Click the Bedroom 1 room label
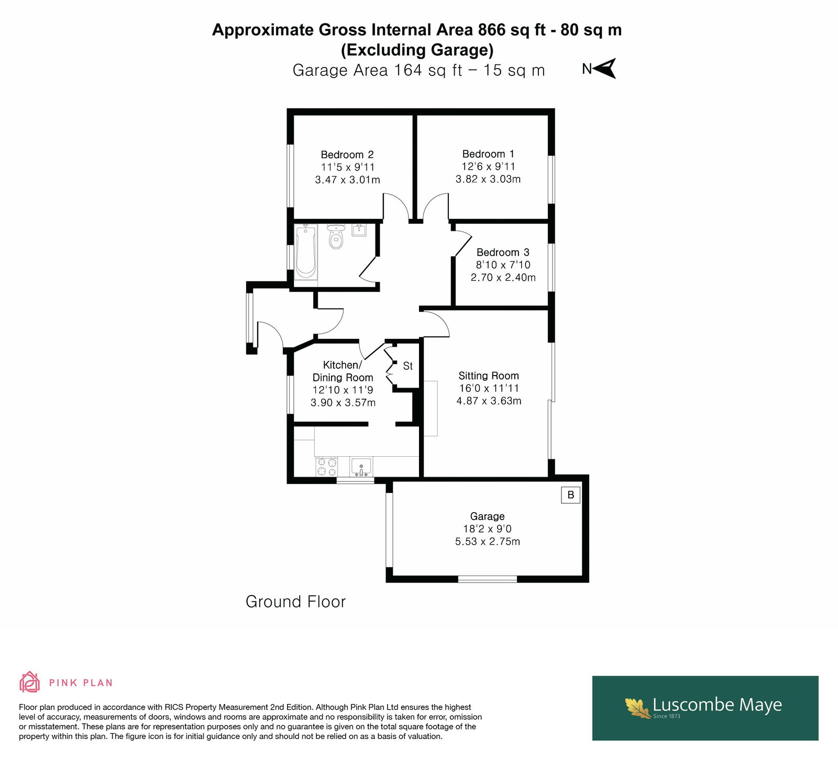coord(488,154)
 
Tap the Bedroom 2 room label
coord(347,155)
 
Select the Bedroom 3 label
coord(503,252)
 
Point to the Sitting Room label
coord(489,376)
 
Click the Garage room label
coord(488,516)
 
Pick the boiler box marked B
coord(571,494)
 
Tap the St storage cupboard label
coord(408,366)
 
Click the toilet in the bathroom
coord(336,237)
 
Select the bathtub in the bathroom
coord(305,251)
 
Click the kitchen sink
coord(361,466)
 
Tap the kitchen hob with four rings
coord(326,467)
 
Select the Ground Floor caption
coord(296,602)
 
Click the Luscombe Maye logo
coord(705,708)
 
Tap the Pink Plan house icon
coord(30,682)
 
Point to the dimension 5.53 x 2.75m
coord(488,542)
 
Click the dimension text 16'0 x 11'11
coord(489,388)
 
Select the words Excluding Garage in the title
coord(417,50)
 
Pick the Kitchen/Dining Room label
coord(343,371)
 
